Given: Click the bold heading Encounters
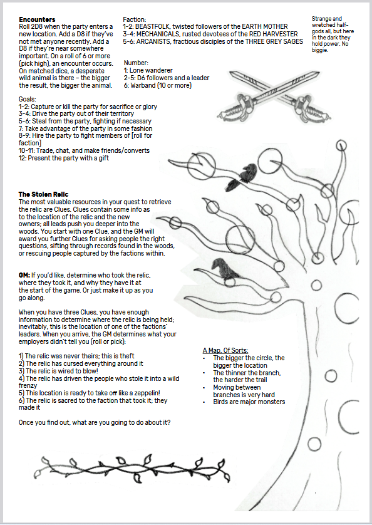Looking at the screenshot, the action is pyautogui.click(x=37, y=19).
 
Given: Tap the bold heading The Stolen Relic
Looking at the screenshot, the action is pyautogui.click(x=44, y=195).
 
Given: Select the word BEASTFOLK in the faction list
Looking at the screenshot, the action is pyautogui.click(x=152, y=26).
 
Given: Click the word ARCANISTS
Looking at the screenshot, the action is pyautogui.click(x=152, y=41).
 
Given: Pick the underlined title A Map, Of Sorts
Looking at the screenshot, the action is pyautogui.click(x=225, y=351).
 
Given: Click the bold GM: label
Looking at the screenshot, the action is pyautogui.click(x=24, y=276).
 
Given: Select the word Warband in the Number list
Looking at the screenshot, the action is pyautogui.click(x=142, y=85).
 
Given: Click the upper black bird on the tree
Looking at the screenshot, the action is pyautogui.click(x=244, y=174).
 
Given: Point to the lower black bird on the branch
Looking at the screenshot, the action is pyautogui.click(x=224, y=269).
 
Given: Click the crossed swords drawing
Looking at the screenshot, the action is pyautogui.click(x=273, y=96).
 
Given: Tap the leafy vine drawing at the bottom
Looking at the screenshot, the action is pyautogui.click(x=132, y=469).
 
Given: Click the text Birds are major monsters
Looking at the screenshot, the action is pyautogui.click(x=249, y=402).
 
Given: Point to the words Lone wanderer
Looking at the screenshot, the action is pyautogui.click(x=151, y=71).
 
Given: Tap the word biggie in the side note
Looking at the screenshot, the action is pyautogui.click(x=320, y=51).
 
